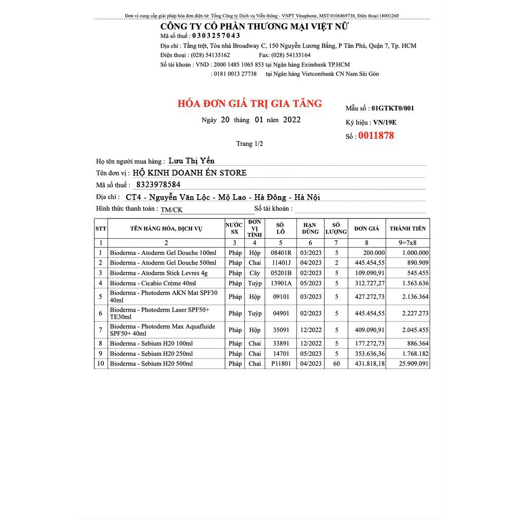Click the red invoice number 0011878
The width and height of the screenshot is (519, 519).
[376, 136]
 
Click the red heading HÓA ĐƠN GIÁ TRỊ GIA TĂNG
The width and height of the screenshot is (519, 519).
[249, 104]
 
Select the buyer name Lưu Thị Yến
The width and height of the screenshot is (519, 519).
[191, 161]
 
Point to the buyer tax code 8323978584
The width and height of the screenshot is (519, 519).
[158, 184]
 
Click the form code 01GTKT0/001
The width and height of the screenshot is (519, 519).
[392, 108]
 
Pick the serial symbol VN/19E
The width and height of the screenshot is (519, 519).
[385, 122]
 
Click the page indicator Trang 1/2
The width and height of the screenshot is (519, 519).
[249, 144]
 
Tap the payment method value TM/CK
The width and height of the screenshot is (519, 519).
[171, 209]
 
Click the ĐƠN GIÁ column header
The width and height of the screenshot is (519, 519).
[366, 229]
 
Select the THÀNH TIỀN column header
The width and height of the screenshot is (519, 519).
[407, 229]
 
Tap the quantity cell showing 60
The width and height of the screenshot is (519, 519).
[336, 364]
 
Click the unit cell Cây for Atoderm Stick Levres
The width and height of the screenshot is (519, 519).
[254, 273]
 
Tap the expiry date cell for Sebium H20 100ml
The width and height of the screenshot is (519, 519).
[311, 344]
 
